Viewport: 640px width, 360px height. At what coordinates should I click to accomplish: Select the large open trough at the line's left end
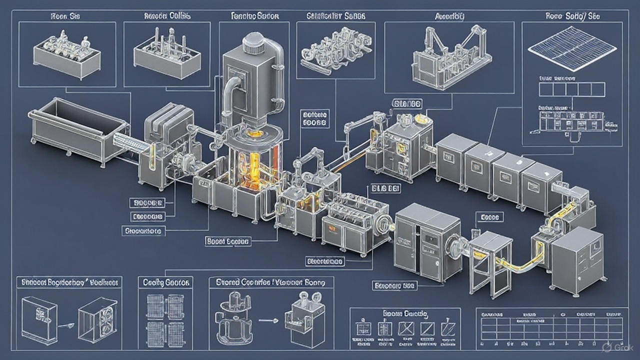coord(78,127)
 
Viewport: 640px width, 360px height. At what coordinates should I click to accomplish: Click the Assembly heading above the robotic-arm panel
coord(449,16)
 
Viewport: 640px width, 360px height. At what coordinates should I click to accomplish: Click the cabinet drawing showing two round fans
coord(98,318)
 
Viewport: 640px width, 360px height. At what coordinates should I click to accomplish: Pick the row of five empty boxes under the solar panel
coord(572,89)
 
